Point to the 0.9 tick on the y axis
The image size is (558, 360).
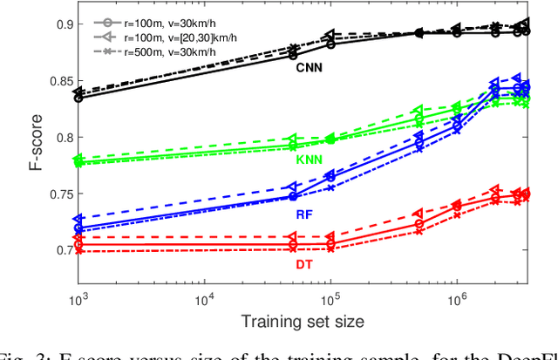click(x=58, y=24)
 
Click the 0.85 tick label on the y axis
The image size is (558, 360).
click(x=55, y=81)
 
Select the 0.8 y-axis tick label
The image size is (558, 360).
click(x=58, y=137)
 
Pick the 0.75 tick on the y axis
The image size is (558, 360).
click(x=55, y=194)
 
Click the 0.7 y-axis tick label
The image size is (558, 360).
click(x=58, y=250)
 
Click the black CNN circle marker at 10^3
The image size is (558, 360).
click(x=78, y=98)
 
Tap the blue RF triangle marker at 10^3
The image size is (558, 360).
click(x=78, y=220)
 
